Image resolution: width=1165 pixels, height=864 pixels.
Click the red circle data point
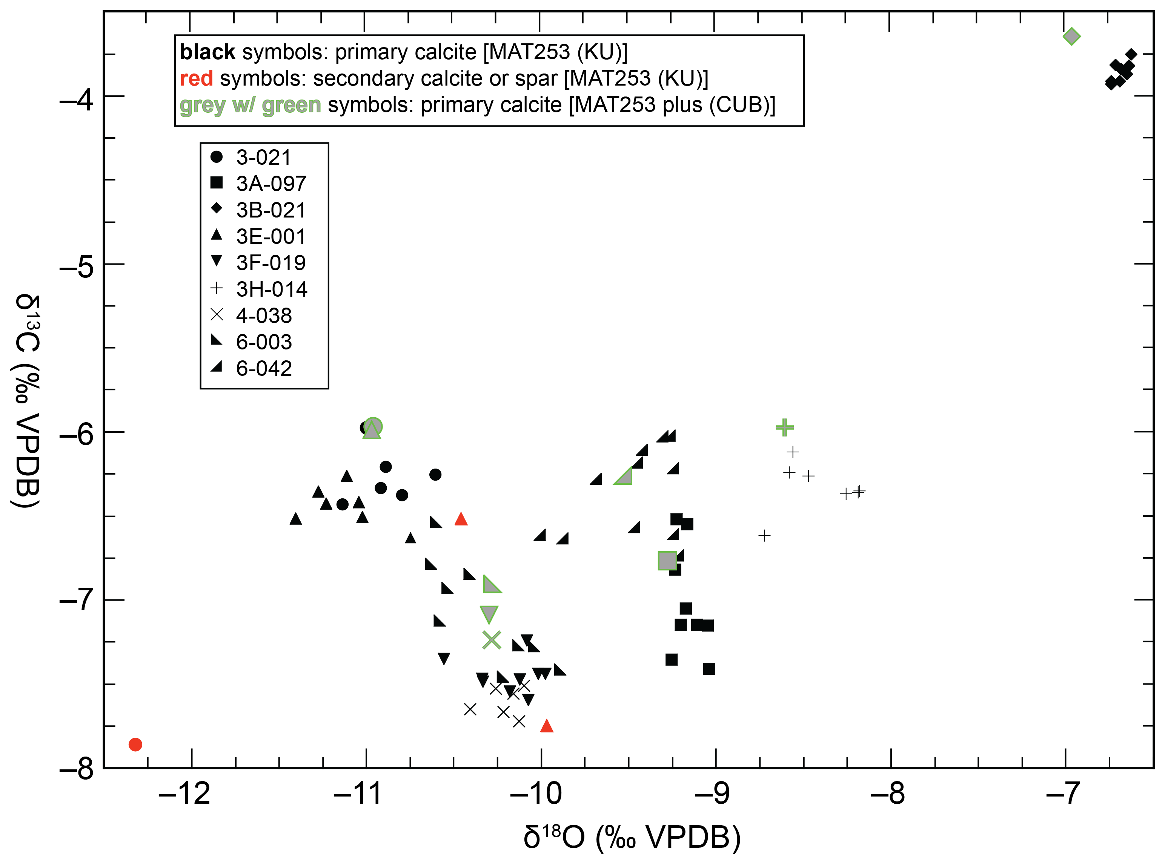click(x=135, y=744)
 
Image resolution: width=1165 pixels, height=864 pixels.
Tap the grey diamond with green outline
click(x=1071, y=36)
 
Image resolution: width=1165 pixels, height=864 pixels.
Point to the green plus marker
click(x=784, y=427)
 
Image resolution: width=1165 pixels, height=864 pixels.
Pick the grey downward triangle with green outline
click(x=489, y=613)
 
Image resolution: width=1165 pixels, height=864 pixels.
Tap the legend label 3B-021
click(x=271, y=210)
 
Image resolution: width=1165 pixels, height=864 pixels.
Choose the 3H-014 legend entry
click(x=272, y=289)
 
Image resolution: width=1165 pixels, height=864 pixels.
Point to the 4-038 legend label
click(x=264, y=316)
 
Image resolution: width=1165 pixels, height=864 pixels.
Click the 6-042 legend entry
click(x=264, y=368)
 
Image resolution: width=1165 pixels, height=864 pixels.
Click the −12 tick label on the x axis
click(x=184, y=794)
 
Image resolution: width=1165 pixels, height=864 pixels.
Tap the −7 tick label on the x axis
click(x=1062, y=794)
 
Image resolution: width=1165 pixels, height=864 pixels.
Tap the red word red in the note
click(x=196, y=78)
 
